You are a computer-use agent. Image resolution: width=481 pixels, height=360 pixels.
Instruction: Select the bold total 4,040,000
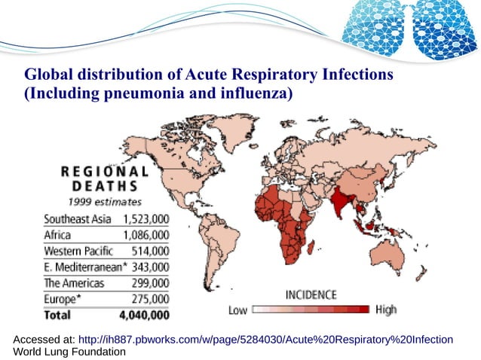pyautogui.click(x=143, y=315)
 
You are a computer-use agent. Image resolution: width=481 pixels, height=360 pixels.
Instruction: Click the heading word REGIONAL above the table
pyautogui.click(x=105, y=170)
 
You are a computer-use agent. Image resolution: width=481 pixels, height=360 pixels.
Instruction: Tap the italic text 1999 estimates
pyautogui.click(x=106, y=201)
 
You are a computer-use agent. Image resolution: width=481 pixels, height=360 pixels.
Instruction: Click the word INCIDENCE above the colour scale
pyautogui.click(x=311, y=294)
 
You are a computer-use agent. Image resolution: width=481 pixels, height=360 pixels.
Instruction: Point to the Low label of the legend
pyautogui.click(x=237, y=310)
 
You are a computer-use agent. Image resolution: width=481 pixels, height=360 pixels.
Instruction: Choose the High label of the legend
pyautogui.click(x=385, y=310)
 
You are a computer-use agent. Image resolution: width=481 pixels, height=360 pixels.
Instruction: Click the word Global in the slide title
pyautogui.click(x=50, y=76)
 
